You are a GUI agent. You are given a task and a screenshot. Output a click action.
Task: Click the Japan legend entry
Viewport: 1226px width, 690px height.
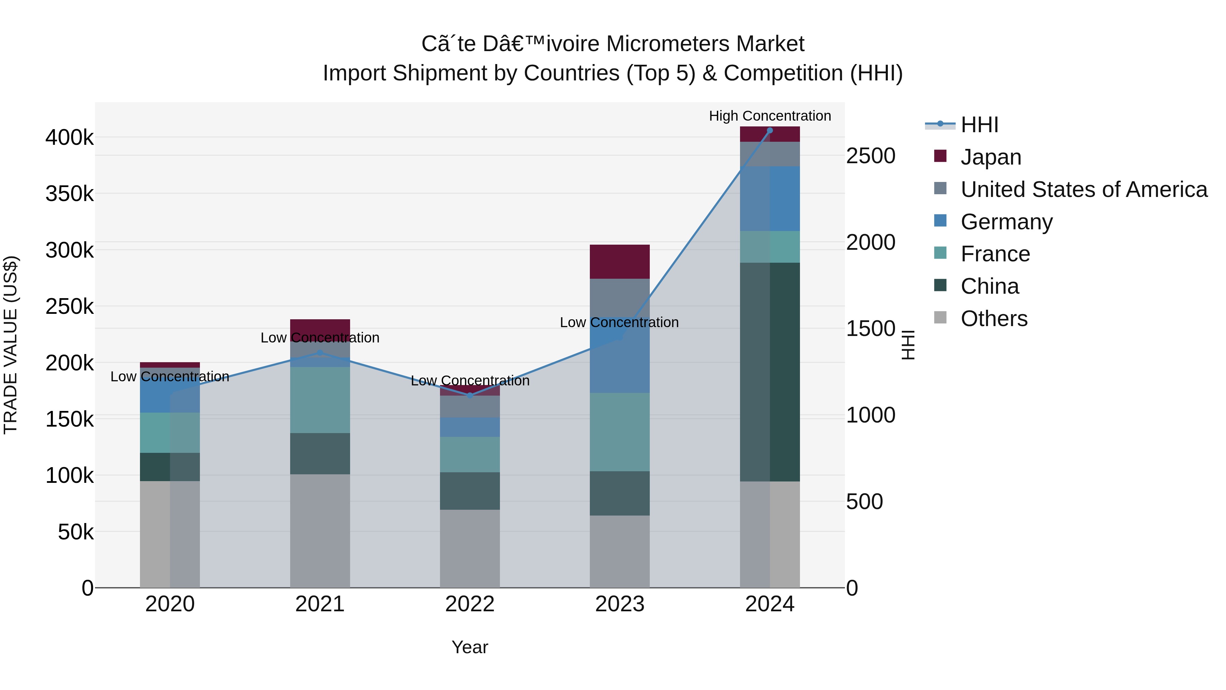pyautogui.click(x=990, y=157)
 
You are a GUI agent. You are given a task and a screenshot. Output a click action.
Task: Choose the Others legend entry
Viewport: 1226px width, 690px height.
pyautogui.click(x=994, y=319)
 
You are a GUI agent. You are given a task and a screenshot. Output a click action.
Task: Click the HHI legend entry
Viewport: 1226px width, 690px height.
pyautogui.click(x=979, y=125)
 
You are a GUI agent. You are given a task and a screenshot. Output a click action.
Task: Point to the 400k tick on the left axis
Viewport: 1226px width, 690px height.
pyautogui.click(x=69, y=138)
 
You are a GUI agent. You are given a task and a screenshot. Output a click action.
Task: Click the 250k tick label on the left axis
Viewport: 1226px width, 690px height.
pyautogui.click(x=69, y=307)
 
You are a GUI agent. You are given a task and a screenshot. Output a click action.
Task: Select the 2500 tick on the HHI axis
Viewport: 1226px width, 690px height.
pyautogui.click(x=870, y=156)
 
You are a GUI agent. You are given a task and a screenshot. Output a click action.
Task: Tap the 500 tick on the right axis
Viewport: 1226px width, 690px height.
pyautogui.click(x=864, y=502)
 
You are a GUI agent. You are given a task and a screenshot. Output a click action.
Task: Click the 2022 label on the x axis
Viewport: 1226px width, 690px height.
pyautogui.click(x=470, y=604)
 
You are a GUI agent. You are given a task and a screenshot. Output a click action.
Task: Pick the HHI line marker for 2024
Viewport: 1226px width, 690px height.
pyautogui.click(x=770, y=131)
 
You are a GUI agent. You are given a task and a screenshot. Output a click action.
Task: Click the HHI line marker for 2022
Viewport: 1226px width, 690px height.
pyautogui.click(x=470, y=396)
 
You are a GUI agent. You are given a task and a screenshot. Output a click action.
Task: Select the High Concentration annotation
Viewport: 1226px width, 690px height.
pyautogui.click(x=770, y=116)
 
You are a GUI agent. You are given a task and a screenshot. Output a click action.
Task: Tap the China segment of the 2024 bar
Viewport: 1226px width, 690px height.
pyautogui.click(x=770, y=371)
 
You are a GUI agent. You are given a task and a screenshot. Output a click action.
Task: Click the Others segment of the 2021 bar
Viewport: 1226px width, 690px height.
pyautogui.click(x=320, y=531)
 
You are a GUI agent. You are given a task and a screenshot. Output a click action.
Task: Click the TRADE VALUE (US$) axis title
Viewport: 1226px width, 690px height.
pyautogui.click(x=11, y=345)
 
